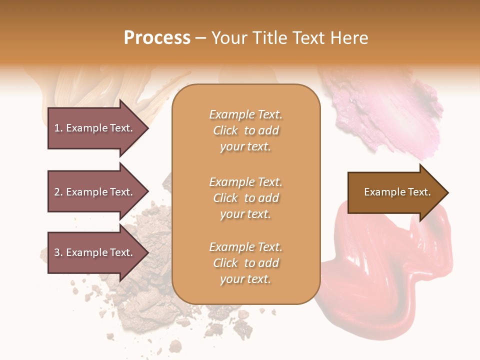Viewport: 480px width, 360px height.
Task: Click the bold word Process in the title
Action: click(157, 38)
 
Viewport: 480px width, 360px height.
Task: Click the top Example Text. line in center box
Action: click(245, 114)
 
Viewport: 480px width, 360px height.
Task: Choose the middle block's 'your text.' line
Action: click(245, 214)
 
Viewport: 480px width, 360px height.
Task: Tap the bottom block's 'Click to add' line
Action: click(245, 263)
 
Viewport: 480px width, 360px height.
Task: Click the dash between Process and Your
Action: click(201, 38)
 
